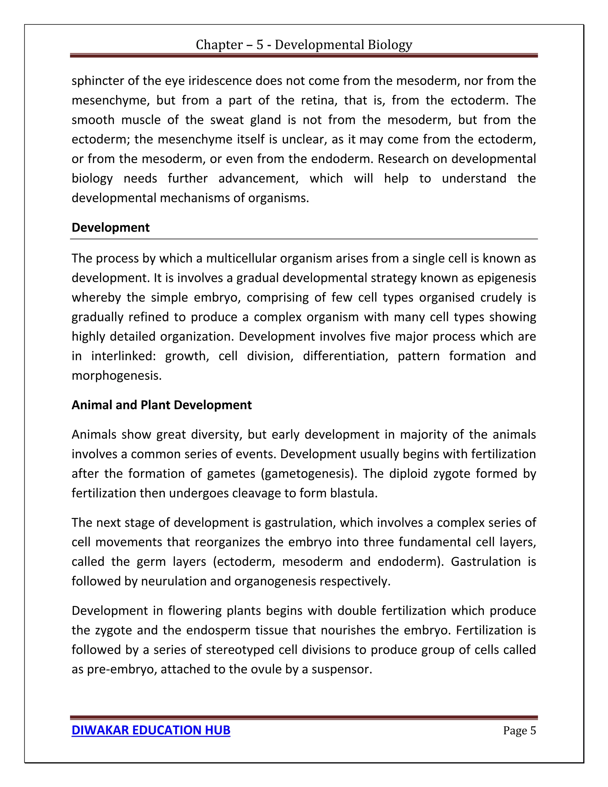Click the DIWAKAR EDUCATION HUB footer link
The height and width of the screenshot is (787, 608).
[x=151, y=730]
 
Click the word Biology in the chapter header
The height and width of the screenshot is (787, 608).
[x=390, y=45]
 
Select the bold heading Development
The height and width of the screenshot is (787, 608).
[x=110, y=227]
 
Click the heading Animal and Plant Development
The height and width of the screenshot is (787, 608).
[x=161, y=405]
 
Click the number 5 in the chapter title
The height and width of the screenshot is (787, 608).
[x=260, y=45]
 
